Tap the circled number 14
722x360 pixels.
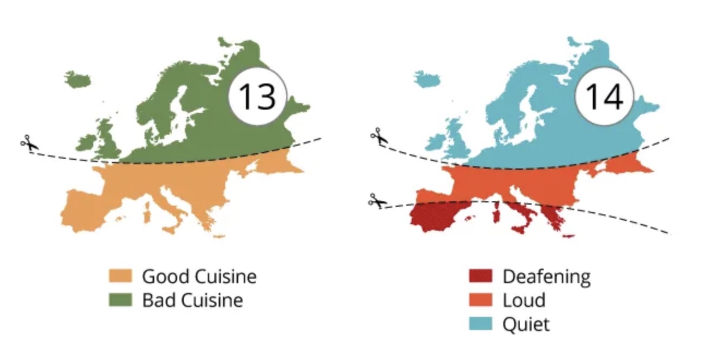pos(604,97)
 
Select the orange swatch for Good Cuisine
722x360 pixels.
pos(121,276)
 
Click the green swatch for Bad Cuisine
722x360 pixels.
pos(121,300)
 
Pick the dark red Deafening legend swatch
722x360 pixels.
pos(480,276)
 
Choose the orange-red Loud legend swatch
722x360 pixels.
pos(480,300)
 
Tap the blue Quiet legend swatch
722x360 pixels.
pos(480,324)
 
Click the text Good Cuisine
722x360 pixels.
pos(199,276)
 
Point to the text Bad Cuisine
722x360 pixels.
pos(192,300)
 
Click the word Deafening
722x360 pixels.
pos(546,277)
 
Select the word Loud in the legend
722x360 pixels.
pos(524,300)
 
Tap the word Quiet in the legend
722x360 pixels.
pos(526,325)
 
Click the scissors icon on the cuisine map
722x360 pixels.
pos(28,144)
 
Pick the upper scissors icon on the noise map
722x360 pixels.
pos(377,137)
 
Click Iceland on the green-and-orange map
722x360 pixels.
pos(77,80)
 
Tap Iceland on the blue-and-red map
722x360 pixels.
pos(426,80)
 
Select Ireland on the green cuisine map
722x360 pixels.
pos(86,143)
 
